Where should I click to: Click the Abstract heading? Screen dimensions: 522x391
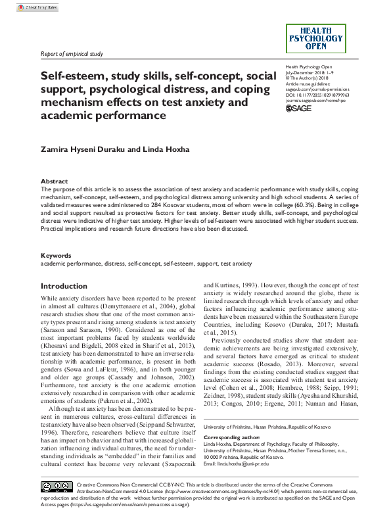pyautogui.click(x=54, y=181)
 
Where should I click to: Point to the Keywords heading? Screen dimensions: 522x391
pyautogui.click(x=56, y=254)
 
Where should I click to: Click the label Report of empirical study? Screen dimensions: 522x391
pyautogui.click(x=72, y=54)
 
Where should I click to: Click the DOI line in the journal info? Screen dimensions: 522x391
pyautogui.click(x=317, y=95)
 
